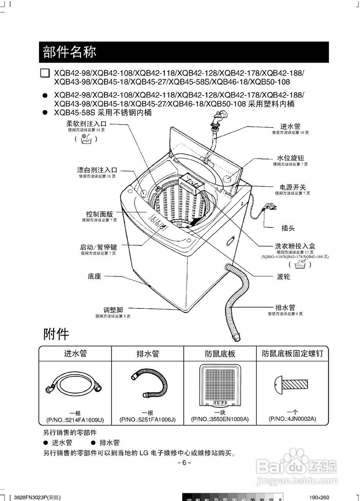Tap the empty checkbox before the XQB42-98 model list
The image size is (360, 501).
[x=45, y=73]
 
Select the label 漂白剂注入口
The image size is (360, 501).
[x=97, y=170]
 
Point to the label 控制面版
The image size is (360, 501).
[x=99, y=214]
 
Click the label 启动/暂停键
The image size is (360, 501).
[x=98, y=247]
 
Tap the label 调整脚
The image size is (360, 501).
[x=113, y=310]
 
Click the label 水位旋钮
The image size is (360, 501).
[x=290, y=158]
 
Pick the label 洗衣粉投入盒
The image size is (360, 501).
[x=295, y=246]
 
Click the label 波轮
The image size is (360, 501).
[x=283, y=276]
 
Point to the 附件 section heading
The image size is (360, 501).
[x=56, y=334]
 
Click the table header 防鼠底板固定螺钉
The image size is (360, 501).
[x=293, y=354]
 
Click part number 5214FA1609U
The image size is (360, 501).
[x=75, y=420]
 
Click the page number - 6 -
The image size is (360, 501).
[x=184, y=463]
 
